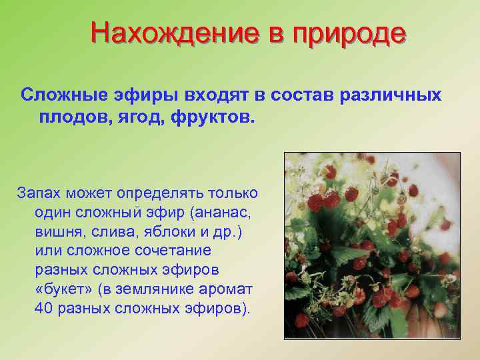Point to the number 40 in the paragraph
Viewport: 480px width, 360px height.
click(43, 309)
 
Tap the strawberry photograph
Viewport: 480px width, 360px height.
click(372, 245)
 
